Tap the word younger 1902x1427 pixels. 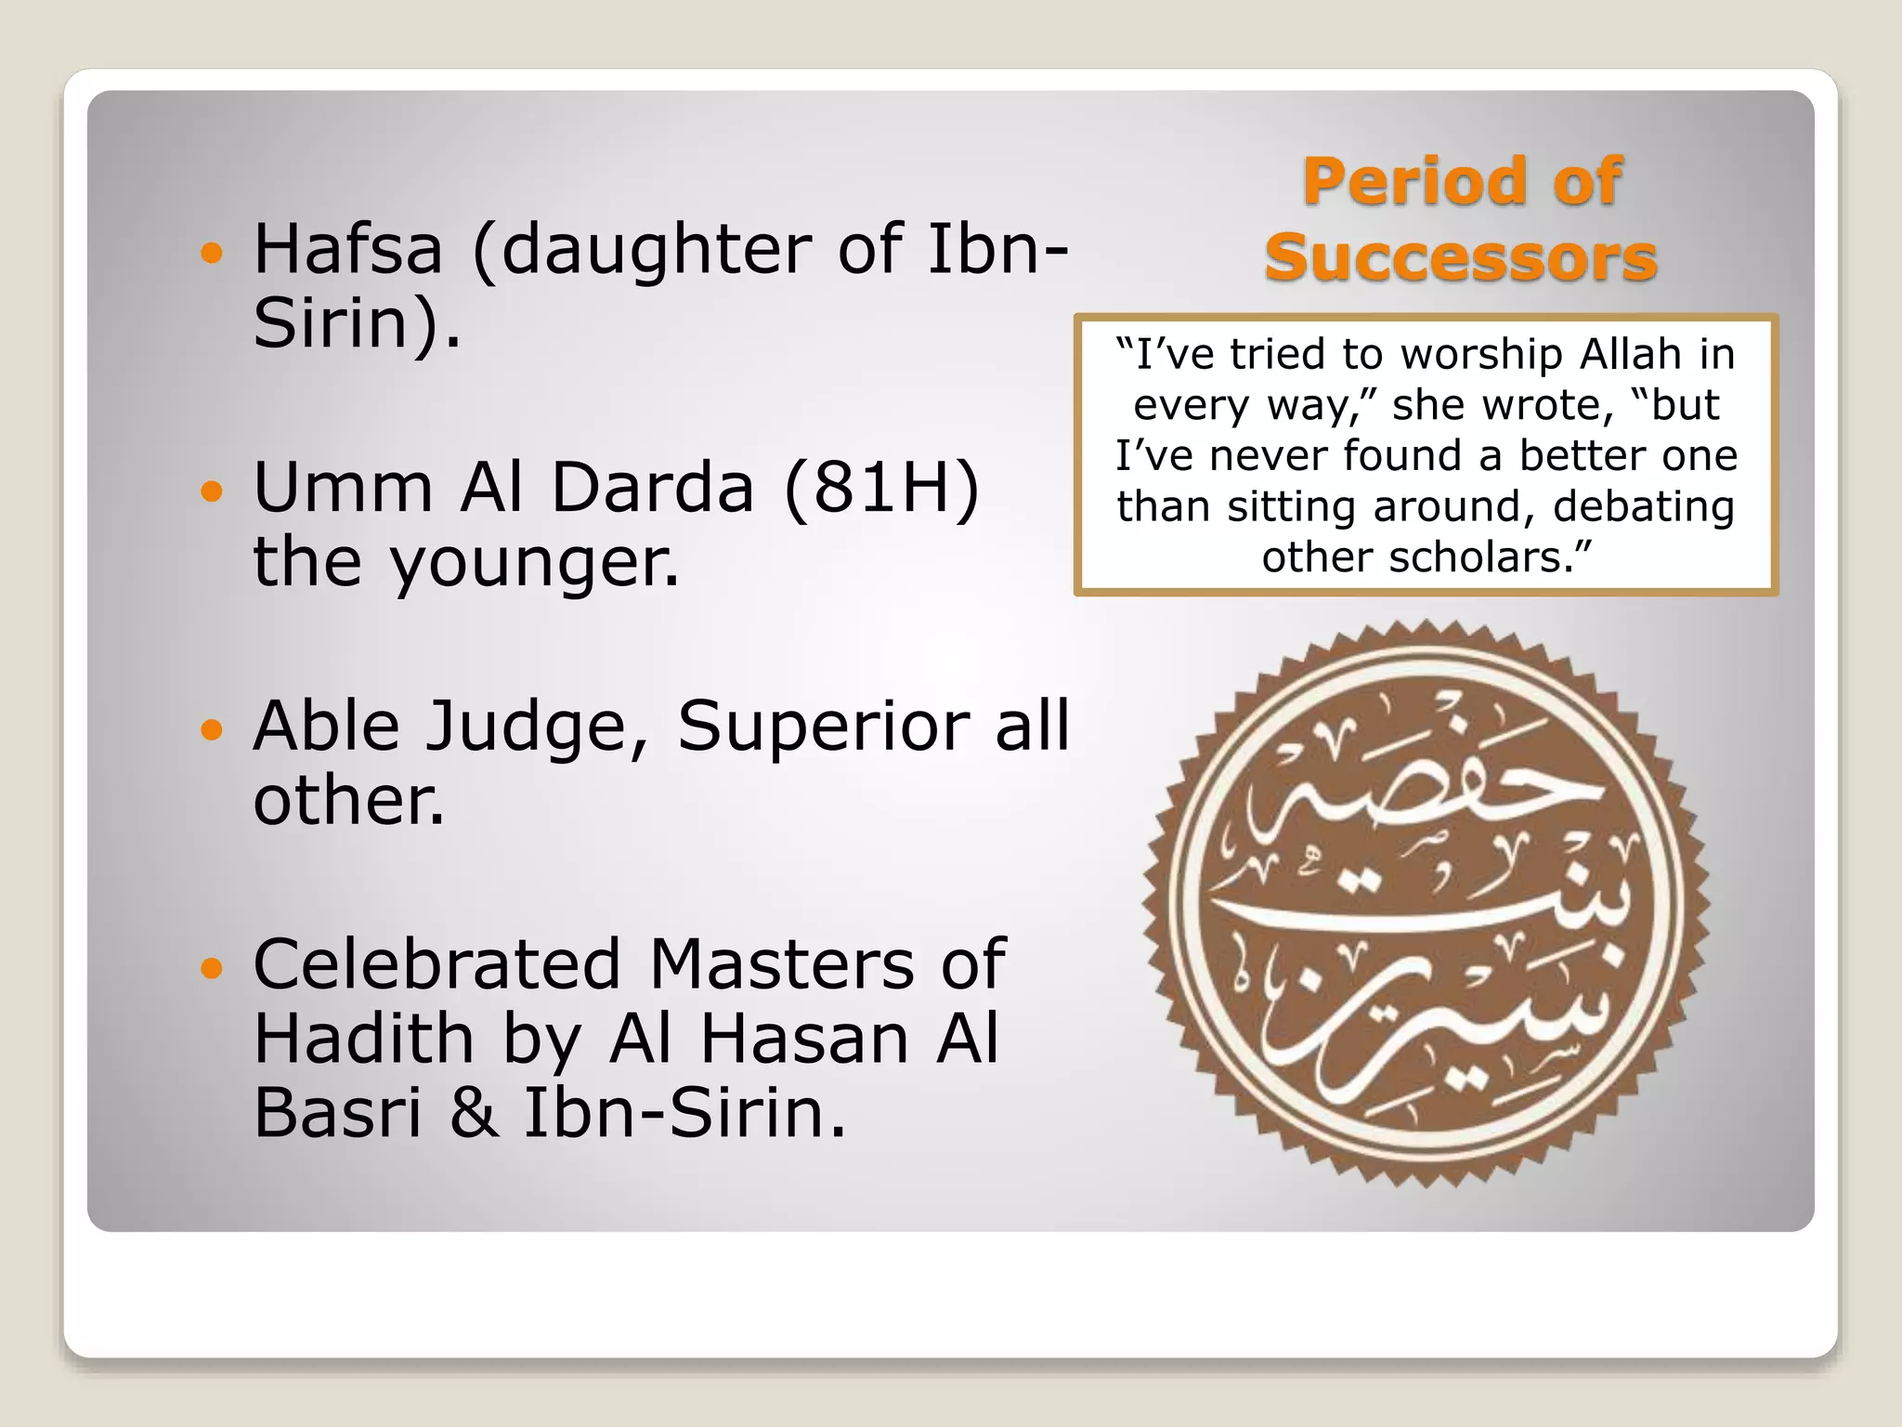[534, 564]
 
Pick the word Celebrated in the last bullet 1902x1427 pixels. [436, 963]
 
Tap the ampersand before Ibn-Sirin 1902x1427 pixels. [474, 1112]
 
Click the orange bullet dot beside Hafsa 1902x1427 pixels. [213, 253]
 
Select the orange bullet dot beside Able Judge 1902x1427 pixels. [213, 729]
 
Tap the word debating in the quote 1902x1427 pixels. [1644, 506]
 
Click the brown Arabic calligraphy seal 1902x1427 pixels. [1426, 904]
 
